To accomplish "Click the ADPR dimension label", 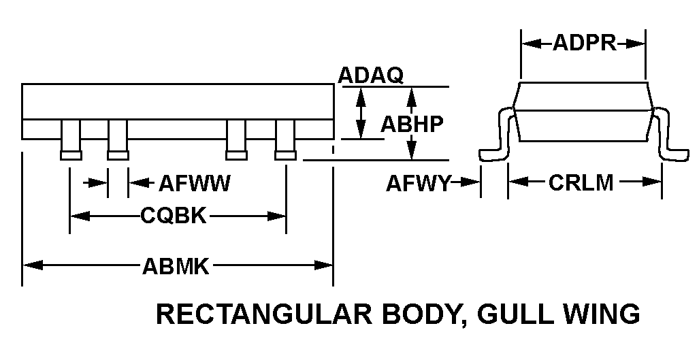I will coord(583,44).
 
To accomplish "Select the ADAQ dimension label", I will coord(370,76).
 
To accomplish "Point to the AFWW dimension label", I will coord(195,183).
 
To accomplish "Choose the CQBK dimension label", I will coord(174,216).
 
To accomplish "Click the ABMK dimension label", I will coord(176,265).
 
